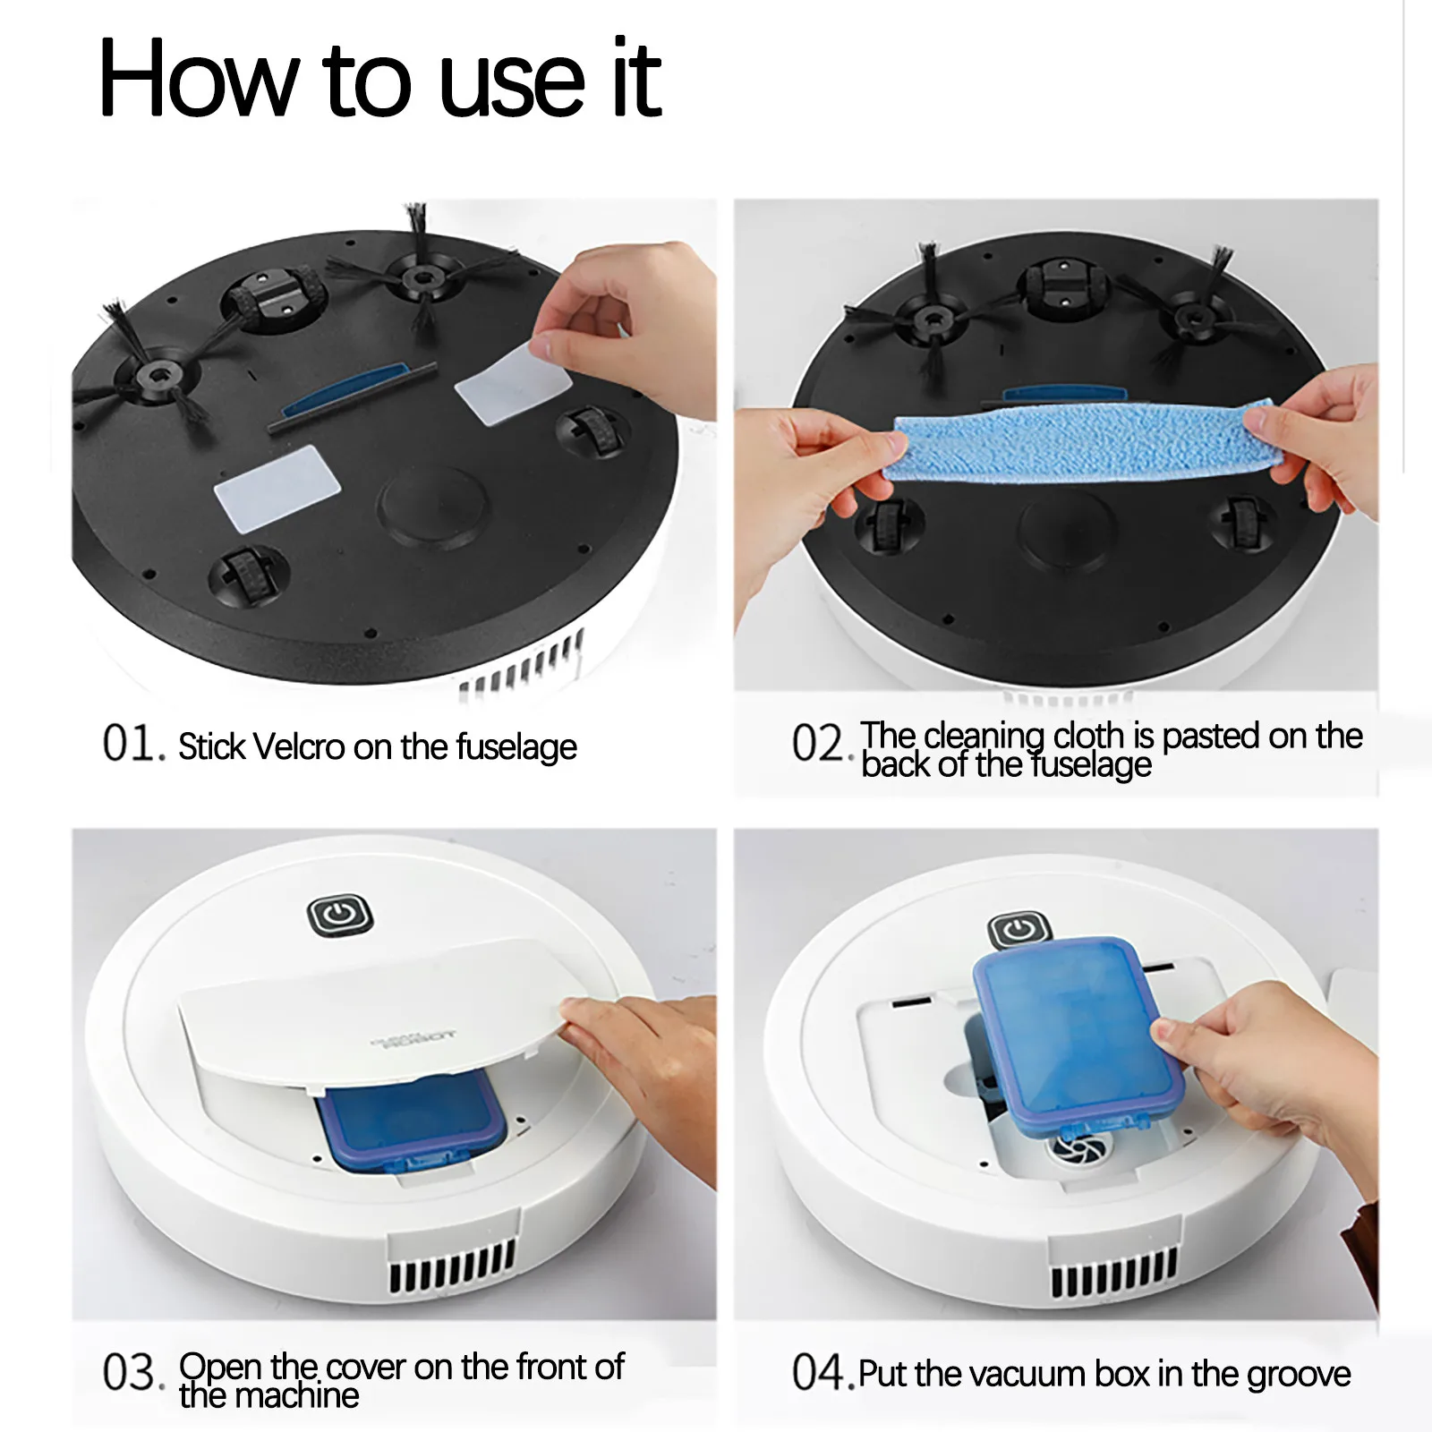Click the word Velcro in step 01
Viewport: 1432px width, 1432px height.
(x=299, y=746)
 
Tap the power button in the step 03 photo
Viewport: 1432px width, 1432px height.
(x=339, y=915)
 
